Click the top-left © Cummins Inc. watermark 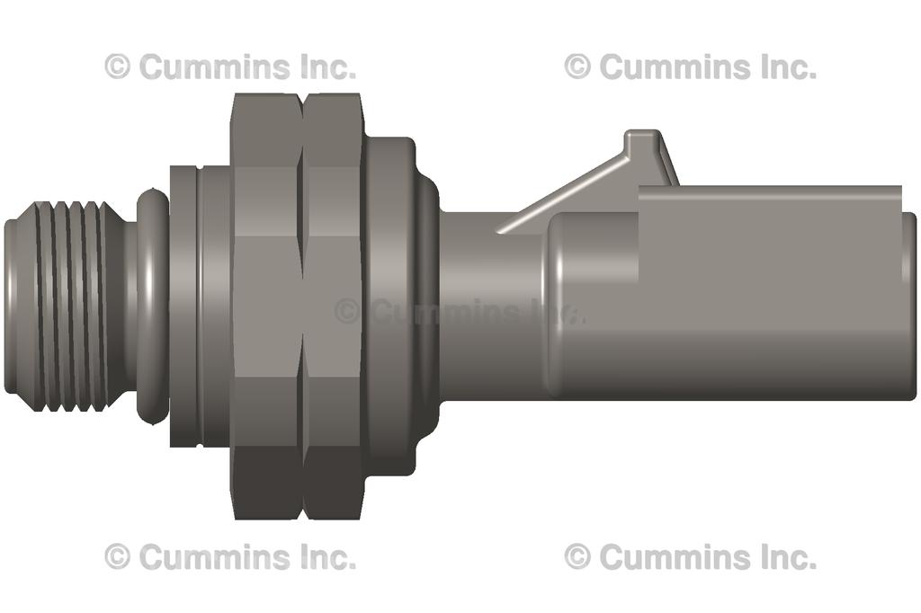pos(230,67)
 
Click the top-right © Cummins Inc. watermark pos(690,67)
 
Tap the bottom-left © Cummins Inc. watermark pos(230,557)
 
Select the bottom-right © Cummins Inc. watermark pos(690,557)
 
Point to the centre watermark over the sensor pos(459,312)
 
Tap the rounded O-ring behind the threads pos(152,306)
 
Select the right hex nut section pos(334,306)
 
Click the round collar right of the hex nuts pos(391,306)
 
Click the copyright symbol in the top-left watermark pos(118,67)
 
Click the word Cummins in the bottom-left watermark pos(216,557)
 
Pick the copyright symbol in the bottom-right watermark pos(577,557)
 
